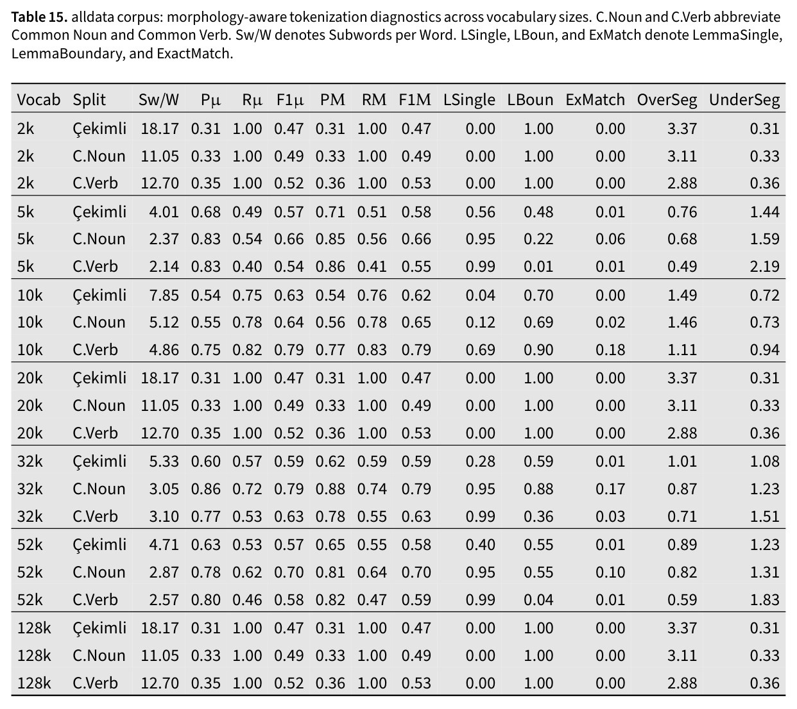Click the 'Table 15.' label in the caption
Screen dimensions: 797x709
39,17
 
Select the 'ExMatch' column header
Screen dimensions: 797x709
595,100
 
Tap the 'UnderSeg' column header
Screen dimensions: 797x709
744,100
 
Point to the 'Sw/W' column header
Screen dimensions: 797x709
159,100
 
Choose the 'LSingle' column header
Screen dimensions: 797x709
469,100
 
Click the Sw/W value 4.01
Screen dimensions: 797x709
164,212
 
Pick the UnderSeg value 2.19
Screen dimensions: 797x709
764,267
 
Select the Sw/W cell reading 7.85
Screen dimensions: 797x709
164,295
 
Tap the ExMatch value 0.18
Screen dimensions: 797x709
610,350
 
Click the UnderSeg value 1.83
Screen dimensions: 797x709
764,600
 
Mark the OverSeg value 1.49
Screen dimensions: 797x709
681,295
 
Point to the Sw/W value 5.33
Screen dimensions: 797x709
164,462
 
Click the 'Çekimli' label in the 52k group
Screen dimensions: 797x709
99,545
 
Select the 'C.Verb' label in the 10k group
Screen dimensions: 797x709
95,350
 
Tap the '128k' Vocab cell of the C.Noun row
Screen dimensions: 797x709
34,655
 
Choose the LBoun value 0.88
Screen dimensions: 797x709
538,489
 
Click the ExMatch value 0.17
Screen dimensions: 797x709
610,489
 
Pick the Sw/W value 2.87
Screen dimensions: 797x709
164,572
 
